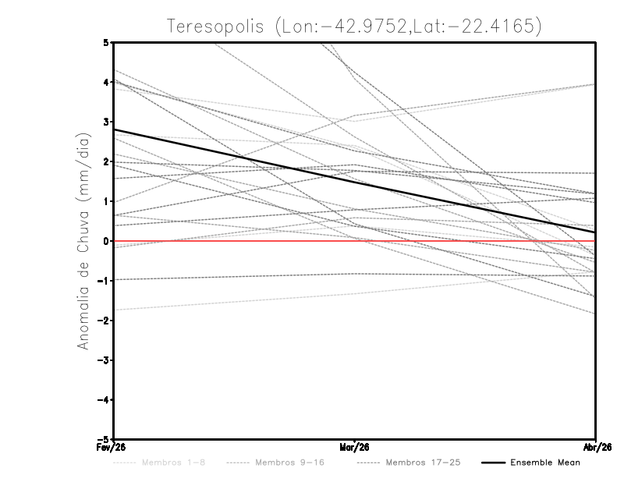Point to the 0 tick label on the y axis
pos(105,241)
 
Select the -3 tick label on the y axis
pos(104,360)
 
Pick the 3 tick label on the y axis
pos(105,122)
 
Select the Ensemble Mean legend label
pos(544,463)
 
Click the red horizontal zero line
pos(234,241)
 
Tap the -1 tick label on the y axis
pos(104,281)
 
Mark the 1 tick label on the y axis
pos(105,201)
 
